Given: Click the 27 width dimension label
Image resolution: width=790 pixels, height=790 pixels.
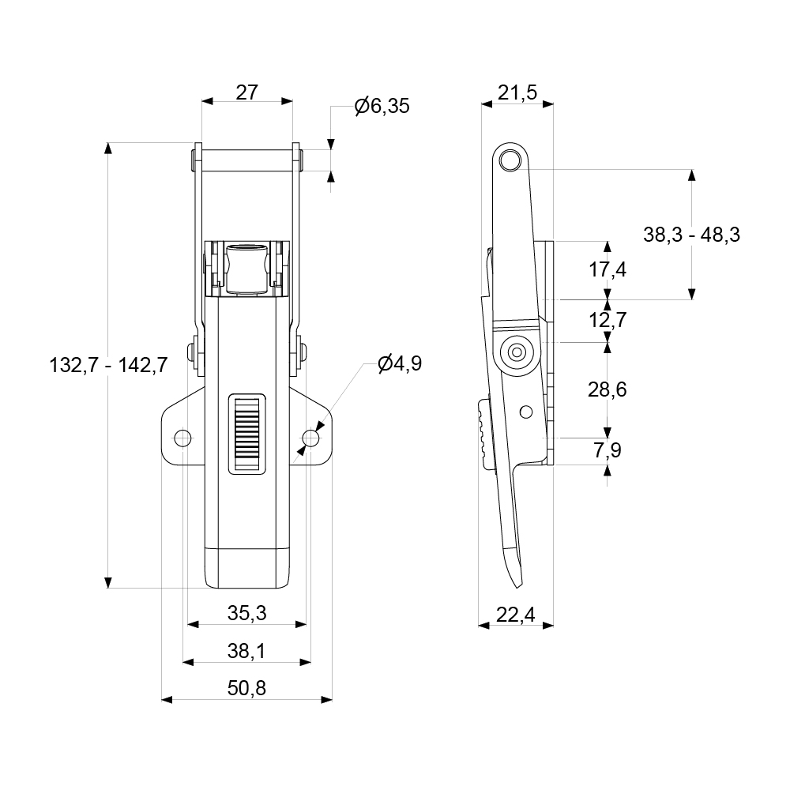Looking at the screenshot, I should pos(247,92).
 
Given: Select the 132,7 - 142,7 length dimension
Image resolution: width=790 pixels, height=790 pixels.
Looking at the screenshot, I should pos(108,365).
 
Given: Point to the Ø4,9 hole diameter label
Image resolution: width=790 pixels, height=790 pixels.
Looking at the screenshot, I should pos(400,363).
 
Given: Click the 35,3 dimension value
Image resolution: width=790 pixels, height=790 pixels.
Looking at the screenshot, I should pos(247,613).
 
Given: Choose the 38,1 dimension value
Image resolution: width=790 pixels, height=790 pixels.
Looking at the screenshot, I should pos(247,651).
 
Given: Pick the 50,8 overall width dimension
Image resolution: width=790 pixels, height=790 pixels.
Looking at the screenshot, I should pos(247,688).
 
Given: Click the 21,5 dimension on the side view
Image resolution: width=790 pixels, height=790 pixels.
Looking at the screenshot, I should pos(517,92).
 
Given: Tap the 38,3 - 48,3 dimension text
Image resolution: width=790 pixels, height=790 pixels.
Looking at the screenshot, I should pos(691,235).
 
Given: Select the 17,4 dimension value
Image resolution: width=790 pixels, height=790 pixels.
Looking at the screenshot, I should pos(608,269).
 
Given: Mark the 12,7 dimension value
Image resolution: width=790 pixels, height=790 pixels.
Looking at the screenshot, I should pos(608,321).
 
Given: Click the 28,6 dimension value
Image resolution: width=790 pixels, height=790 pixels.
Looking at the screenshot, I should pos(608,389).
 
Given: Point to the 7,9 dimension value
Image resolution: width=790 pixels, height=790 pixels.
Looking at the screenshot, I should pos(608,450).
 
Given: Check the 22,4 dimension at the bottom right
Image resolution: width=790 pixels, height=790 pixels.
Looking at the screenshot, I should pos(517,613).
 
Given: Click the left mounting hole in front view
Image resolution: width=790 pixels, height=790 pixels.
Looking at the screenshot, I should pos(182,437).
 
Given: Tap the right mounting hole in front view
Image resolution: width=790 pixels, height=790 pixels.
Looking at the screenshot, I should pos(312,437).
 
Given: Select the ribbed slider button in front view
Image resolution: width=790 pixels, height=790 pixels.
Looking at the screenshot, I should pos(247,434).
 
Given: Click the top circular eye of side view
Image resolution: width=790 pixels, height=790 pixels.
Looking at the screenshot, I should pos(512,160).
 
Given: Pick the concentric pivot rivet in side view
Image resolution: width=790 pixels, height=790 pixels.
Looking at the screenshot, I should pos(517,352).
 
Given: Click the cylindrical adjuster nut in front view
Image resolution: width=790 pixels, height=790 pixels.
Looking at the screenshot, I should pos(247,269).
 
